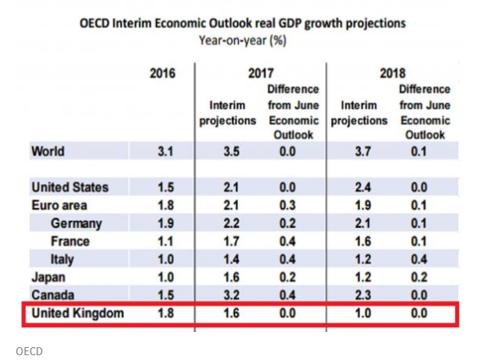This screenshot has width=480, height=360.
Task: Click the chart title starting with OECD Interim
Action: [x=242, y=23]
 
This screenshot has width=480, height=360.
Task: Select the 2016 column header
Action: [x=163, y=74]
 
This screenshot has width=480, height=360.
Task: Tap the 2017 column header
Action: [x=260, y=74]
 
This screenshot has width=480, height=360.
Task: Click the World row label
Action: [x=48, y=150]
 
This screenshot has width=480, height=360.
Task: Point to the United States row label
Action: [x=70, y=187]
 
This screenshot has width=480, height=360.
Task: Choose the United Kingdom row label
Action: [x=78, y=313]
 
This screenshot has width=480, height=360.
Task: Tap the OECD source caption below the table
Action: [x=29, y=350]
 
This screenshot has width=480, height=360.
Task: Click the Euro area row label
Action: [x=60, y=205]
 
